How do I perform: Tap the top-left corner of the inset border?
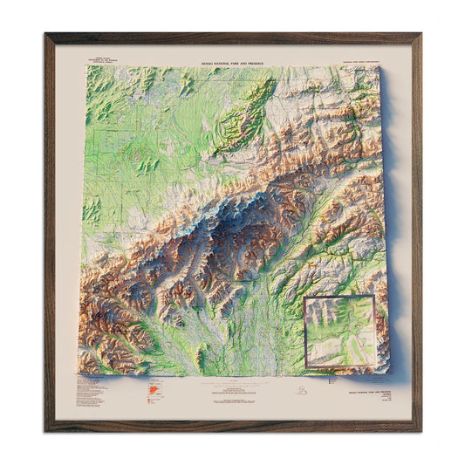coord(304,297)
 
